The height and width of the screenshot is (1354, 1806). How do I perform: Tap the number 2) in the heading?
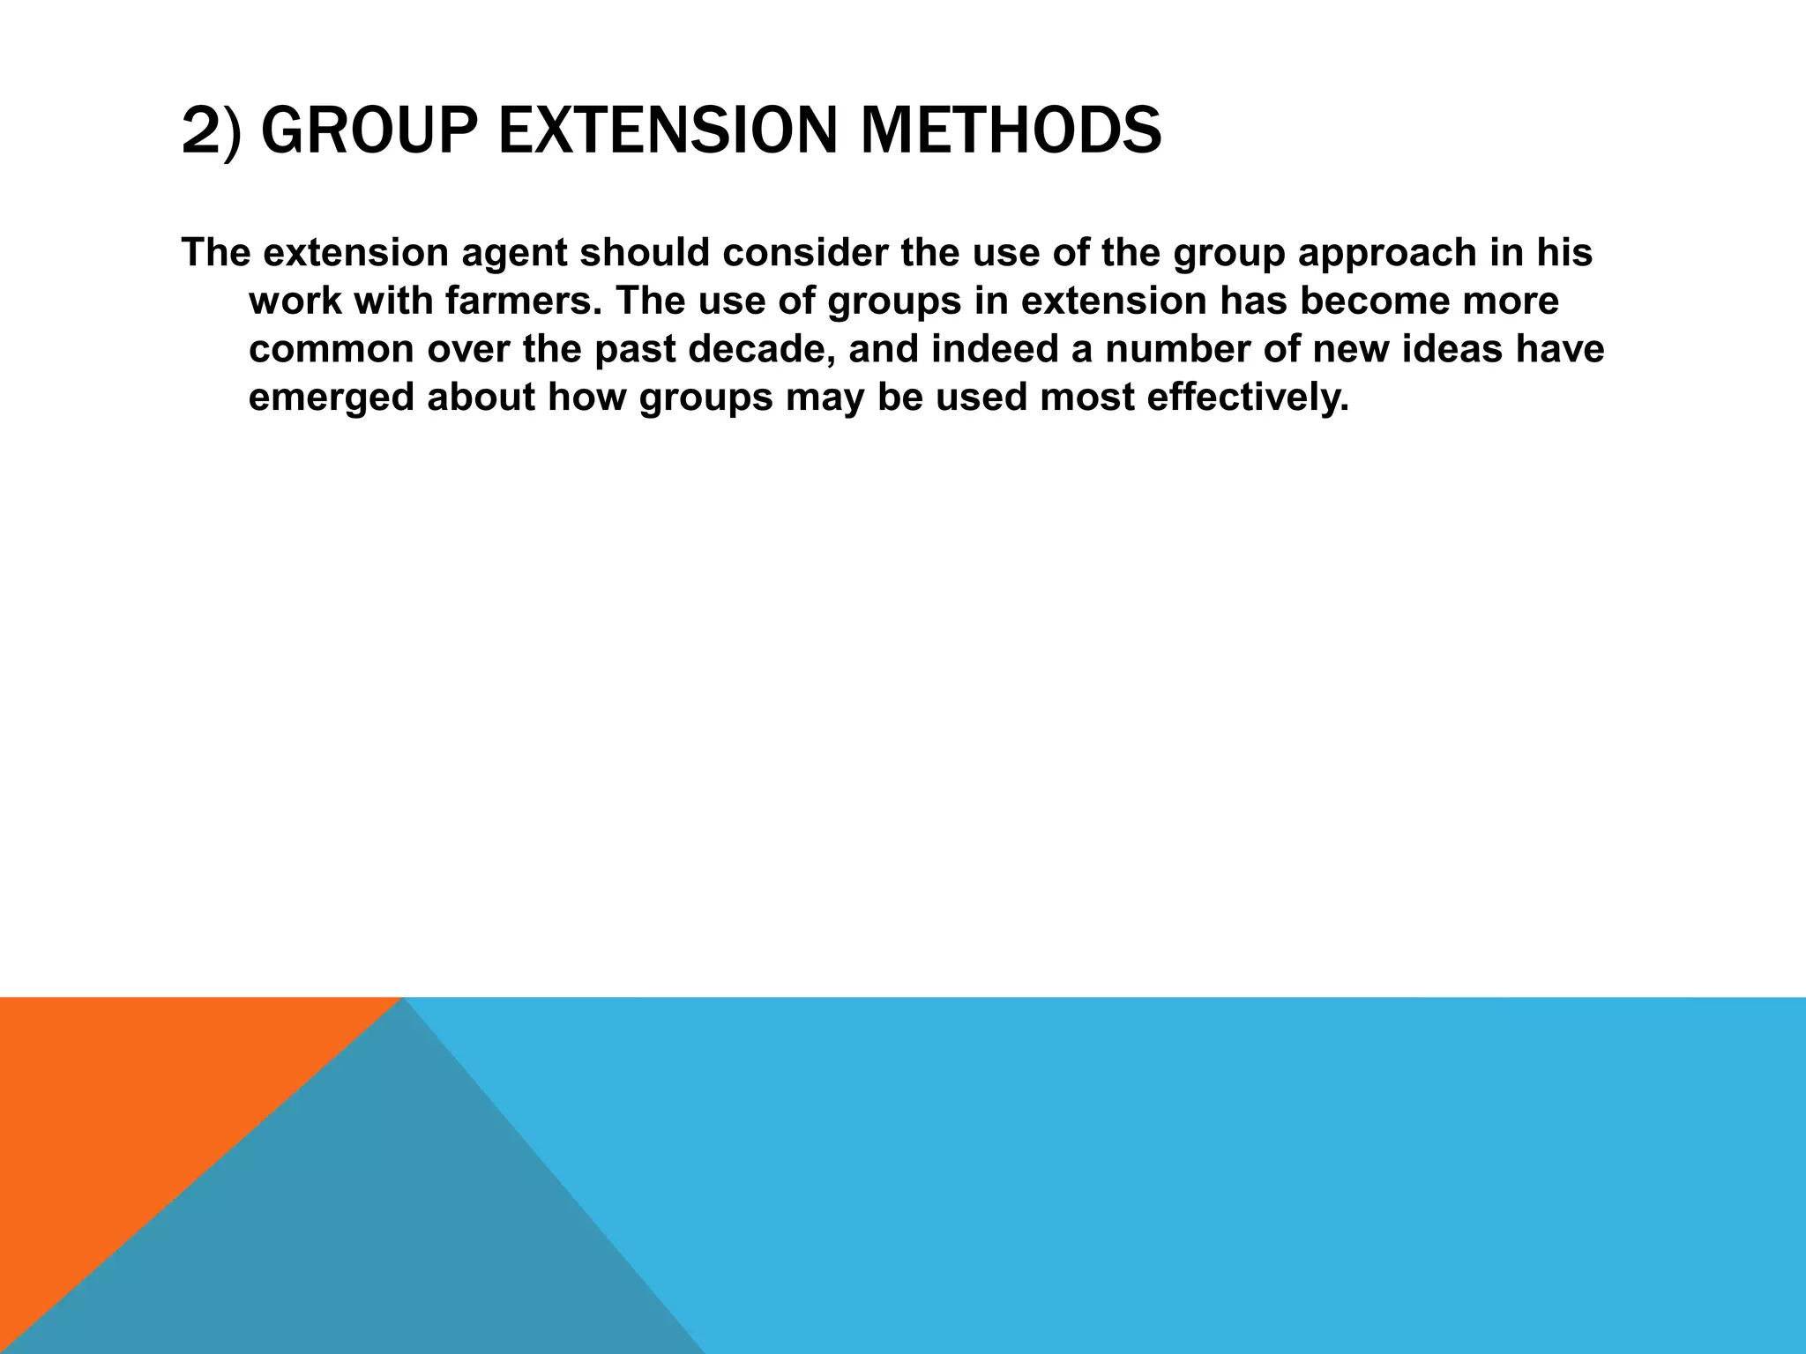(x=211, y=130)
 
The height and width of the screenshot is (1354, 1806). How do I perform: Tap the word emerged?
(x=330, y=398)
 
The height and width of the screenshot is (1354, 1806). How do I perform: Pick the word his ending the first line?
(x=1564, y=252)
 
